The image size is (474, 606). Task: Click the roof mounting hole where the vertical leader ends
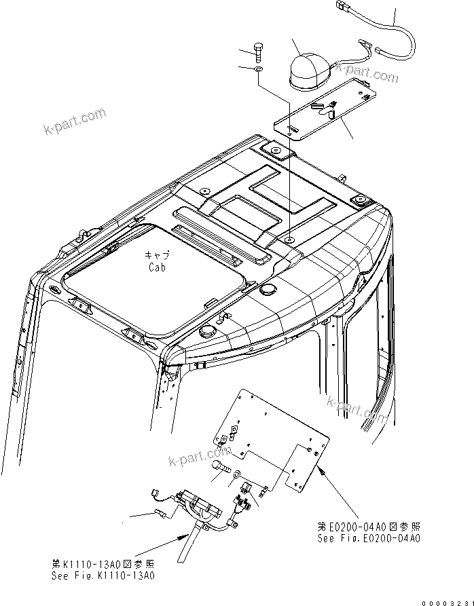pyautogui.click(x=289, y=240)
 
